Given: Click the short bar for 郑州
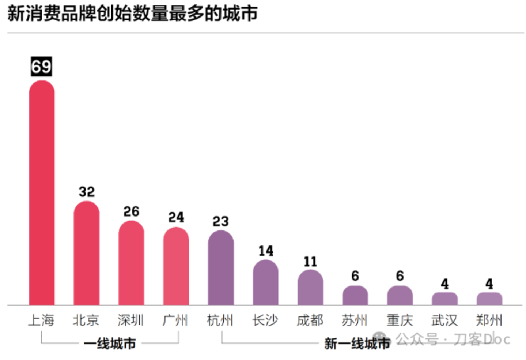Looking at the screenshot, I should [x=489, y=299].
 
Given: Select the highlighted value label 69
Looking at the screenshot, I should [x=41, y=67].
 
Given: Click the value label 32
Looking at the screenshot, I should [x=87, y=192].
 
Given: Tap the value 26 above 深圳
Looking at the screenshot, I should [x=131, y=211].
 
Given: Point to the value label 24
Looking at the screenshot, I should [x=176, y=218].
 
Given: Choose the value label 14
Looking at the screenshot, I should [x=266, y=251].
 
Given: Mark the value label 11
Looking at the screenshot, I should [x=310, y=262].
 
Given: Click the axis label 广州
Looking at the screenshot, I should [x=175, y=320].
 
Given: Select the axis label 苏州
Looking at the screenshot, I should [x=355, y=320].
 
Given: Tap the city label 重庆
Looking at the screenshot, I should [x=400, y=320].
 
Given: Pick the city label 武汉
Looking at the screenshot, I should [x=444, y=320].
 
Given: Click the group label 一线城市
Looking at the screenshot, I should [x=110, y=344].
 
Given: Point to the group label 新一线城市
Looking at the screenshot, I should [x=357, y=344].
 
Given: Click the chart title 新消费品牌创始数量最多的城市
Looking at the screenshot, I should [x=132, y=14].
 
